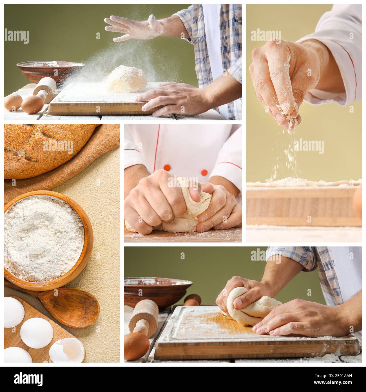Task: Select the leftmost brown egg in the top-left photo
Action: (x=13, y=102)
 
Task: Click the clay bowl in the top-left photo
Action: (x=49, y=71)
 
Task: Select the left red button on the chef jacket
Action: (x=167, y=168)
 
